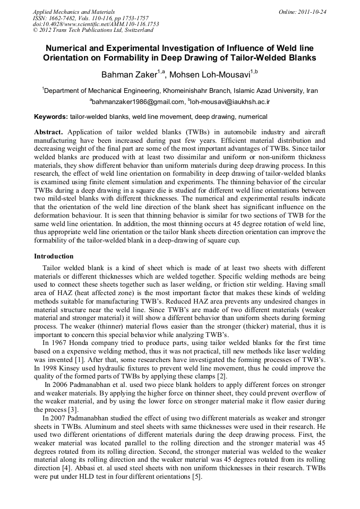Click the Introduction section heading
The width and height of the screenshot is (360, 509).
54,256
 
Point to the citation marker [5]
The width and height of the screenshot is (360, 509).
196,477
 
